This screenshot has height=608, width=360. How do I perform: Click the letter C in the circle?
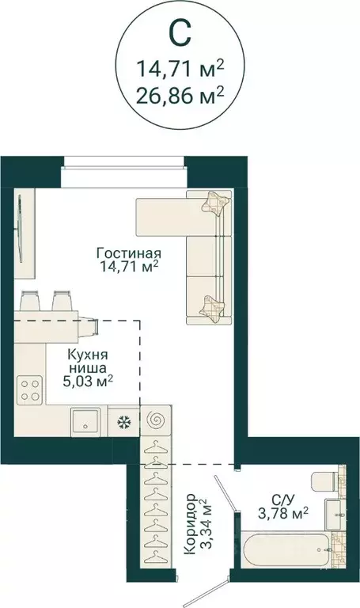[x=180, y=33]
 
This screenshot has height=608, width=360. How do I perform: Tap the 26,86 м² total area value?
[x=180, y=97]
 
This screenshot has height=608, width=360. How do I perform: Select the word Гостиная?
[x=129, y=253]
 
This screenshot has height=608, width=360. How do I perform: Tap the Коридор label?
[x=190, y=526]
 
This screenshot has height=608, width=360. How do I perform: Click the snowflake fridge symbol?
[x=123, y=422]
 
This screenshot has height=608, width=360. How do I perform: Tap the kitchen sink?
[x=85, y=421]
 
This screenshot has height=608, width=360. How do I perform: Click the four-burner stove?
[x=30, y=389]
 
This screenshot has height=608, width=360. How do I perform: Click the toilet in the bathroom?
[x=325, y=481]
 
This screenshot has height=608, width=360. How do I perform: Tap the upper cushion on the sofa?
[x=214, y=203]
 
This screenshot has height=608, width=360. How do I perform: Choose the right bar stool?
[x=62, y=302]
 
